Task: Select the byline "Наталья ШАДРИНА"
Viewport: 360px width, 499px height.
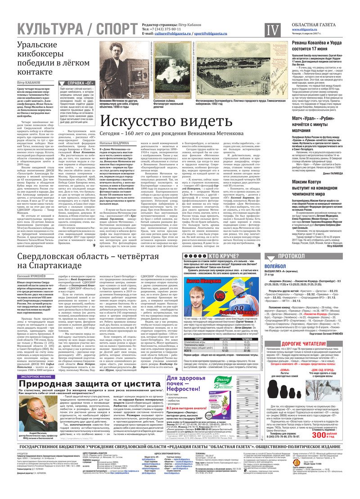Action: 115,143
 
